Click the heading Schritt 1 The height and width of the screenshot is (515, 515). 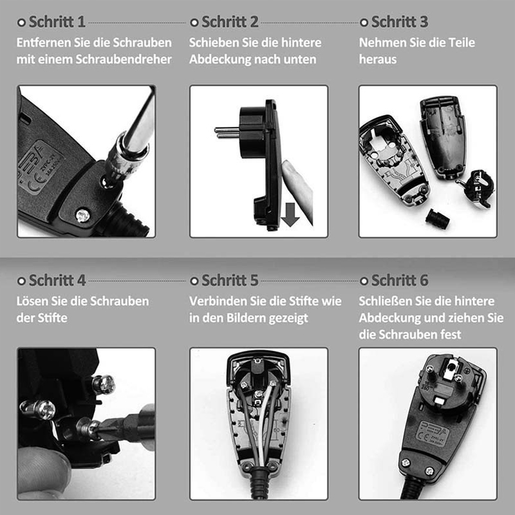57,22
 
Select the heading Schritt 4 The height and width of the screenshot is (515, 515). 57,281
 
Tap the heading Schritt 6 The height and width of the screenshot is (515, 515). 400,281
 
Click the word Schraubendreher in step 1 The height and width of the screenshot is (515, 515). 124,59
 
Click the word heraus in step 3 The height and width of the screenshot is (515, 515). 378,59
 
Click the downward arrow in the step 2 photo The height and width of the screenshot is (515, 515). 290,214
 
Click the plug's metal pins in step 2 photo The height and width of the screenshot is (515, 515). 227,133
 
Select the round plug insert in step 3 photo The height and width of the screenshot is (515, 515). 477,188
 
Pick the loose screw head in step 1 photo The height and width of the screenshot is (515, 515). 82,216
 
